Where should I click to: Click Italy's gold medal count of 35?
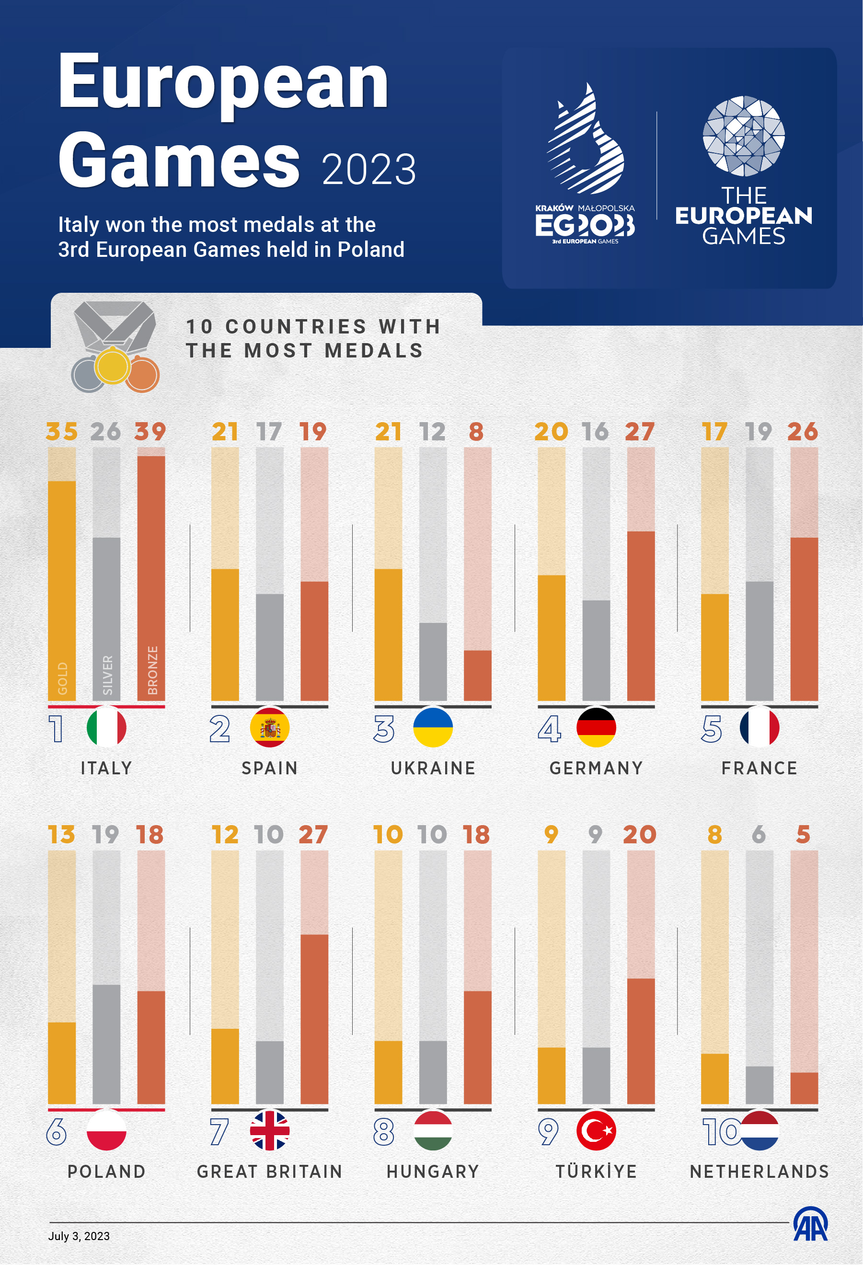[x=61, y=431]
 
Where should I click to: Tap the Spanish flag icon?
[x=269, y=728]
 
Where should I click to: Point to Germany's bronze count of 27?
[x=640, y=431]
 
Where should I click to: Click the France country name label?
[x=759, y=768]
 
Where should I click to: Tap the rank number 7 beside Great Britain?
[x=219, y=1132]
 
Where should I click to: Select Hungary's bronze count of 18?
[x=476, y=834]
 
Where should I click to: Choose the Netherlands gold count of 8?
[x=714, y=834]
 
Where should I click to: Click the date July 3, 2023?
[x=79, y=1236]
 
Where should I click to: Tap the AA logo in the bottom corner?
[x=810, y=1224]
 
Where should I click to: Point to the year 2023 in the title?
[x=368, y=170]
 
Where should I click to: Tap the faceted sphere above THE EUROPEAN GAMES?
[x=743, y=136]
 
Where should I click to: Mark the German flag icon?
[x=596, y=728]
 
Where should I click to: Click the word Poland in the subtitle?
[x=371, y=249]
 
